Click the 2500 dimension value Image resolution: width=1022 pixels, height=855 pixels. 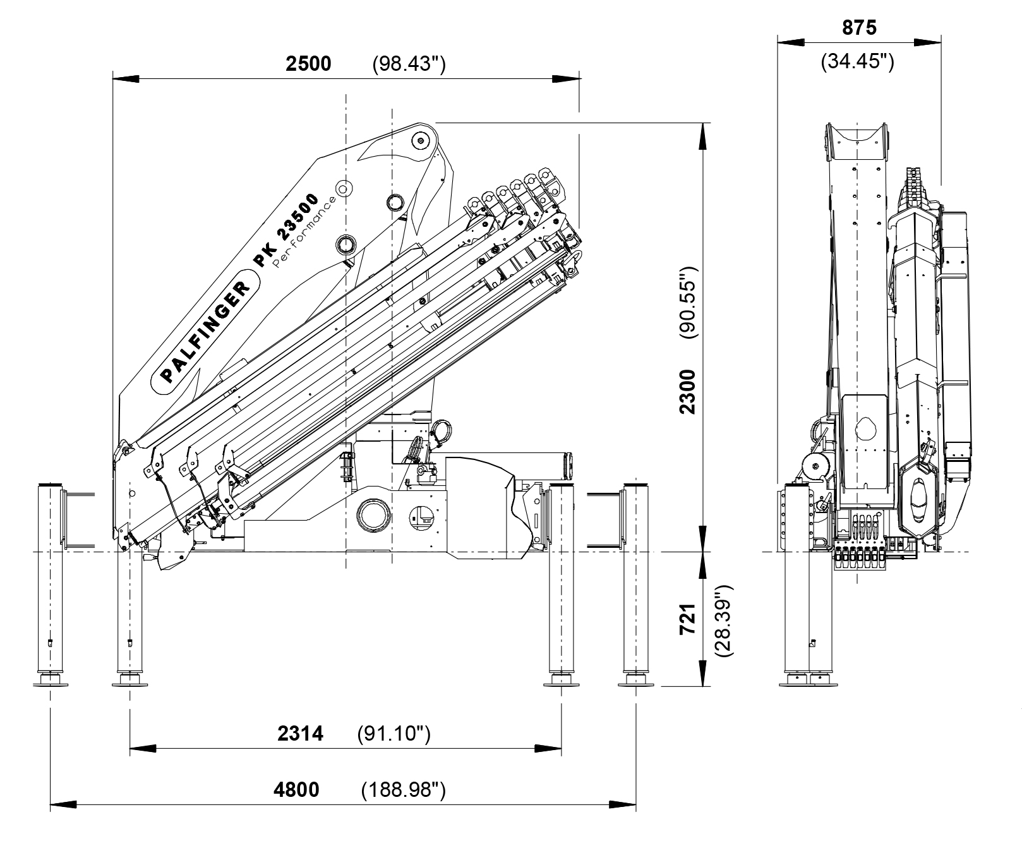pyautogui.click(x=308, y=64)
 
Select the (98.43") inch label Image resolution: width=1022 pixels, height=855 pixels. pyautogui.click(x=409, y=64)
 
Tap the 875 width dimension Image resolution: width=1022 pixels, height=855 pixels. pyautogui.click(x=859, y=28)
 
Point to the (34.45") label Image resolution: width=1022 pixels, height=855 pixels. pyautogui.click(x=857, y=62)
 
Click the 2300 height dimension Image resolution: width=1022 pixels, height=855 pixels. pyautogui.click(x=687, y=392)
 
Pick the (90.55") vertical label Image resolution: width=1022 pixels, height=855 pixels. pyautogui.click(x=688, y=303)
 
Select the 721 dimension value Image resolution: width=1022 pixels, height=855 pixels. pyautogui.click(x=687, y=619)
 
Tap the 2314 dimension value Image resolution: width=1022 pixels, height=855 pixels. pyautogui.click(x=300, y=734)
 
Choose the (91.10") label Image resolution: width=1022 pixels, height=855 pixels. pyautogui.click(x=394, y=734)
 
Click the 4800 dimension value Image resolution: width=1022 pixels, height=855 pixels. pyautogui.click(x=297, y=789)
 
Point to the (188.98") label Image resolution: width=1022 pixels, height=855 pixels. pyautogui.click(x=404, y=789)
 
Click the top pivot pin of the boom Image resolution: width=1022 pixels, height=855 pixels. pyautogui.click(x=419, y=140)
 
